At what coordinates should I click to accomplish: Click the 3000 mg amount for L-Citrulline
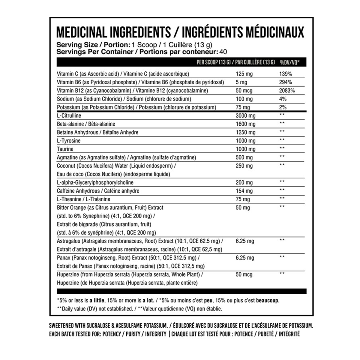tap(245, 116)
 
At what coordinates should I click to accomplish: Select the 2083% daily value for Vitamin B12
tap(287, 91)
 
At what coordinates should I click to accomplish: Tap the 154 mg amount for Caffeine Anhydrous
tap(244, 191)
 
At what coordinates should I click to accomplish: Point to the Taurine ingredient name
tap(65, 149)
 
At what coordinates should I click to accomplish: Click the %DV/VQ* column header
tap(290, 62)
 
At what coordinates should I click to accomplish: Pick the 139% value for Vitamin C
tap(285, 74)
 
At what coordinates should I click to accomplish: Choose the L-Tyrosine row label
tap(69, 141)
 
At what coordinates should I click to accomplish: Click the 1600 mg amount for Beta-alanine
tap(245, 124)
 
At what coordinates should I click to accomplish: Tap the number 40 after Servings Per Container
tap(223, 52)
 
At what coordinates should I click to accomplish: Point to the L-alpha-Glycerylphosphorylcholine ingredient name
tap(95, 183)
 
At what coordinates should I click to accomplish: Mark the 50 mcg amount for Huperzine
tap(244, 274)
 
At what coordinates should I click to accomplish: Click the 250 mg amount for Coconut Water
tap(244, 166)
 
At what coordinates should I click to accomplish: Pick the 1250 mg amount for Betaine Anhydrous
tap(245, 133)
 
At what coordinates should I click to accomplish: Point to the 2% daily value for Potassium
tap(283, 107)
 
